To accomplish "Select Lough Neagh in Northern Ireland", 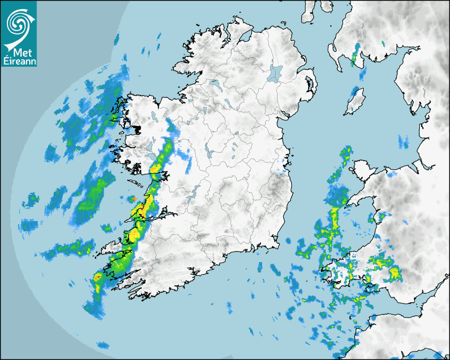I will click(276, 73).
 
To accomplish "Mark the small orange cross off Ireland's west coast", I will click(135, 197).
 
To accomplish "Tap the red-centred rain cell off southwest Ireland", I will click(97, 277).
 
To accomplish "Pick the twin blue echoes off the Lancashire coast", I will click(403, 141).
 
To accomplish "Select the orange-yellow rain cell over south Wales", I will click(394, 273).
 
